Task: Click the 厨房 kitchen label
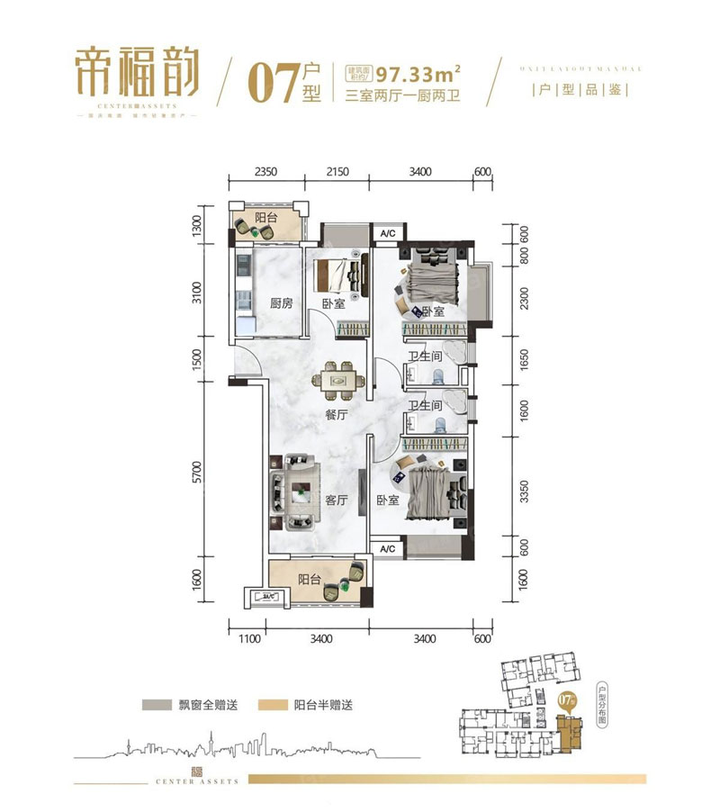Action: coord(281,303)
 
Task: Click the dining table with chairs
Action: coord(339,381)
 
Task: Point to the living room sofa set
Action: coord(293,492)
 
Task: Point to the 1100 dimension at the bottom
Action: coord(248,639)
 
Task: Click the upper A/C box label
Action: coord(388,234)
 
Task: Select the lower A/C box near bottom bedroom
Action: coord(388,548)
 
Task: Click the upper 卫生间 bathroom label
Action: coord(425,356)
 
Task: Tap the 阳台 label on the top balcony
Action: coord(265,219)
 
